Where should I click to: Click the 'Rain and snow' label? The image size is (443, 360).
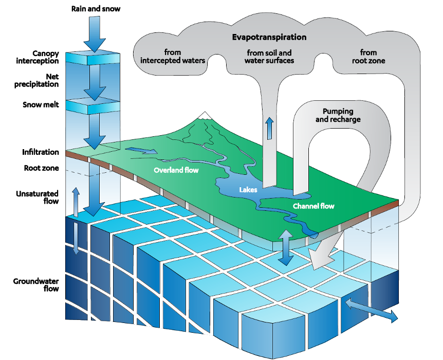pyautogui.click(x=96, y=9)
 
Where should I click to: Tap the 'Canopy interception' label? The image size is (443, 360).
pyautogui.click(x=38, y=57)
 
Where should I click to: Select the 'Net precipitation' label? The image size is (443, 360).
pyautogui.click(x=36, y=80)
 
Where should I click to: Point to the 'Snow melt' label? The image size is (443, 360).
pyautogui.click(x=41, y=104)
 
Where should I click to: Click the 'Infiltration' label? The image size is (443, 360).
pyautogui.click(x=41, y=152)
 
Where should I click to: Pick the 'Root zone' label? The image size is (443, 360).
pyautogui.click(x=41, y=168)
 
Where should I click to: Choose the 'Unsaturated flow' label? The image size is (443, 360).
pyautogui.click(x=38, y=197)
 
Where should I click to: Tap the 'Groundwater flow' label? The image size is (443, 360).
pyautogui.click(x=36, y=285)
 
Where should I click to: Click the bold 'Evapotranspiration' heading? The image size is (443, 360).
pyautogui.click(x=269, y=38)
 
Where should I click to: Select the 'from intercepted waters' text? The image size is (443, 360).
pyautogui.click(x=173, y=56)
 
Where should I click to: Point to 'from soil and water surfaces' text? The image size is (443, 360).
pyautogui.click(x=269, y=57)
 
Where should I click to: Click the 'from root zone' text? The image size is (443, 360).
pyautogui.click(x=368, y=57)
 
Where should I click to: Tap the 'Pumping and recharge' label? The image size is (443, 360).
pyautogui.click(x=338, y=115)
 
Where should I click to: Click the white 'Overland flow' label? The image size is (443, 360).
pyautogui.click(x=176, y=170)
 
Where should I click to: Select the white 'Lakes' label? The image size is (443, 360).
pyautogui.click(x=248, y=190)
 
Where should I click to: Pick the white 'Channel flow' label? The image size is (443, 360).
pyautogui.click(x=313, y=206)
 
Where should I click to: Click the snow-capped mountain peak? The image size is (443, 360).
pyautogui.click(x=205, y=115)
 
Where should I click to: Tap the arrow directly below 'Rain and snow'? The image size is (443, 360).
pyautogui.click(x=95, y=34)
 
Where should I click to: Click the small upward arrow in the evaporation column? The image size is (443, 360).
pyautogui.click(x=270, y=128)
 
